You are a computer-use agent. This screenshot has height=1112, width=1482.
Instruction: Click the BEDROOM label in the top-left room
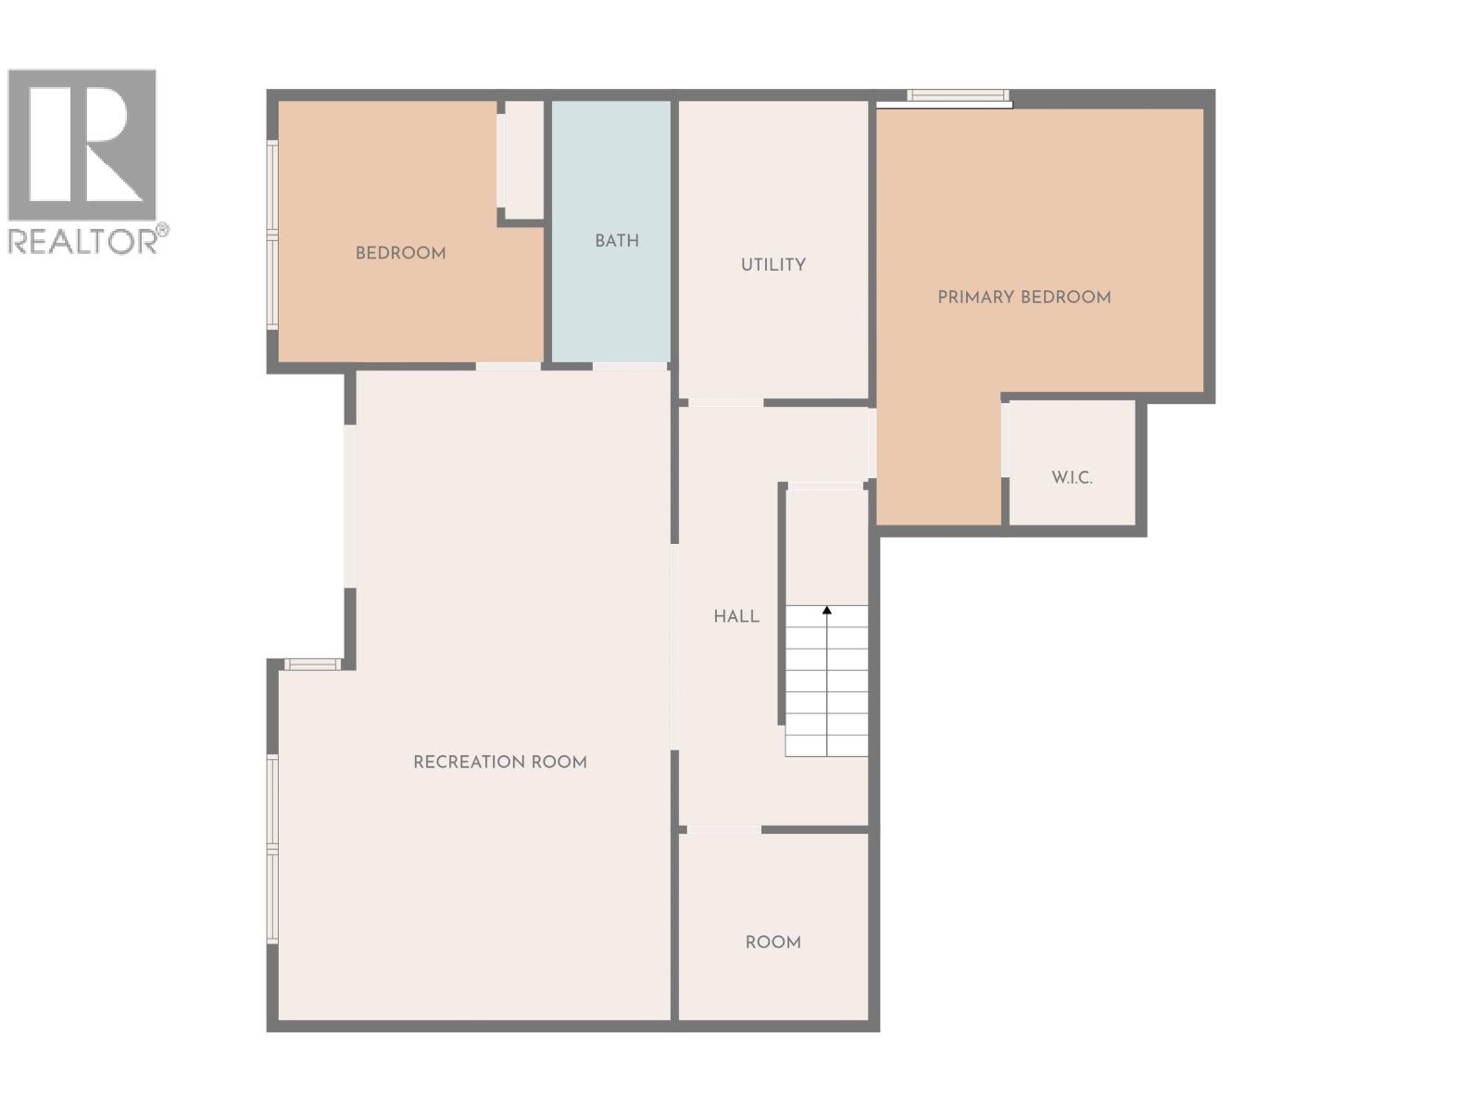[400, 253]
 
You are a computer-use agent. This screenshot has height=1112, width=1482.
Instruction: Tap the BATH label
[617, 241]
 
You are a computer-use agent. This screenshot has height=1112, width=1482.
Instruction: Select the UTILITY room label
[772, 265]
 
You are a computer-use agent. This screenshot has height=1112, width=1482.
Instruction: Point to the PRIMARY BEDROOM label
[1024, 297]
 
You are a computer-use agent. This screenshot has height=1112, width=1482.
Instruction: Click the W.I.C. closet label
[1072, 478]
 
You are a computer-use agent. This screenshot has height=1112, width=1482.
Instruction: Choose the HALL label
[736, 616]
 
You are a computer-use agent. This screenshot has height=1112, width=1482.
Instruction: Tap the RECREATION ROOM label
[499, 762]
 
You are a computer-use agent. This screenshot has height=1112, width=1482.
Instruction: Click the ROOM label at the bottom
[772, 942]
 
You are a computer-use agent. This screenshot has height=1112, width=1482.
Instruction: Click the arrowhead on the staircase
[827, 610]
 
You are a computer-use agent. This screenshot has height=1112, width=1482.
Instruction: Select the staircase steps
[826, 686]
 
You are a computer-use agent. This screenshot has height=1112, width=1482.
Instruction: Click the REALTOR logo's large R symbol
[83, 144]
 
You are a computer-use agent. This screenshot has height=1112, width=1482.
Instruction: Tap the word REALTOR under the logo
[83, 241]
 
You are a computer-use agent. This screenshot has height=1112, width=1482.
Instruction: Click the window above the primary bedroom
[957, 95]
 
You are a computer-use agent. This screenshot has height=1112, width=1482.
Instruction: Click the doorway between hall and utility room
[725, 402]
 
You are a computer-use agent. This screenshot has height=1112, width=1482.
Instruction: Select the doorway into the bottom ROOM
[723, 829]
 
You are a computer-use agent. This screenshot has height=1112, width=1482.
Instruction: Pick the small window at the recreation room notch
[312, 663]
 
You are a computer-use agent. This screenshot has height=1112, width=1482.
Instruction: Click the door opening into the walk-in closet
[1005, 439]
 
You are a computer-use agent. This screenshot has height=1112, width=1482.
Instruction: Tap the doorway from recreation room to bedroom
[509, 367]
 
